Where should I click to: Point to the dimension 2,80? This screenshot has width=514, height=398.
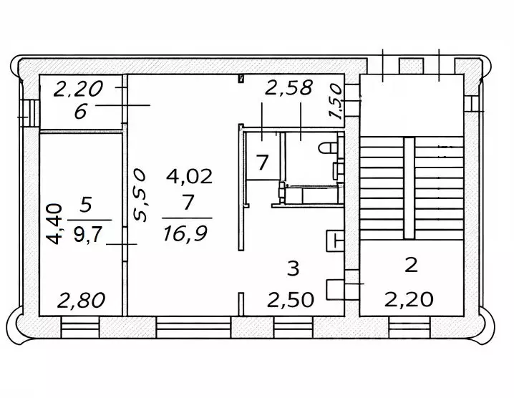click(80, 299)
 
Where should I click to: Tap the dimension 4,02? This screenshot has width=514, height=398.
click(189, 176)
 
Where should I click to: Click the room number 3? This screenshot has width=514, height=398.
click(292, 268)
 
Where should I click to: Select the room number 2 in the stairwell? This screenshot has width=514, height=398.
click(411, 266)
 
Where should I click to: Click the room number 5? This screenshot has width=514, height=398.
click(86, 206)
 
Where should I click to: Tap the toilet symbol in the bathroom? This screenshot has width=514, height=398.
click(329, 147)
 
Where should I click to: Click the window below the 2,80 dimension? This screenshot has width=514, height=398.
click(79, 329)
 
